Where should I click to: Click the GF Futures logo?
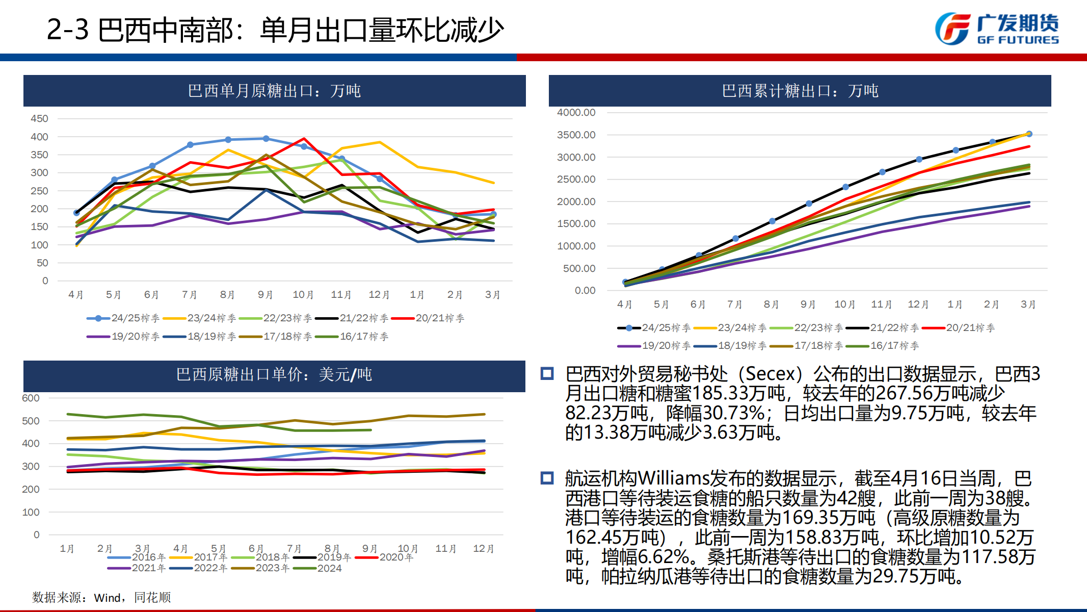(996, 29)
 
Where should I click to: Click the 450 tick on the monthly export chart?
(39, 119)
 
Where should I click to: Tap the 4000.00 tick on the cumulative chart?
(576, 112)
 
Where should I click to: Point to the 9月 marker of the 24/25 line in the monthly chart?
(266, 139)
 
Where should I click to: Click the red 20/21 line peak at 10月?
(304, 139)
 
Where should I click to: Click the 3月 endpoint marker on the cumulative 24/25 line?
(1029, 134)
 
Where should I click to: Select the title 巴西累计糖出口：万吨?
(800, 91)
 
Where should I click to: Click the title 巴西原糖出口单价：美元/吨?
(274, 375)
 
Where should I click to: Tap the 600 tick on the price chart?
(31, 398)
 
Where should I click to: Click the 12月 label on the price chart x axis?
(483, 549)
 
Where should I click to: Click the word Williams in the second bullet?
(673, 478)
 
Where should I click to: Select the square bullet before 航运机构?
(547, 478)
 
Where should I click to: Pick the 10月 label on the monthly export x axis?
(303, 295)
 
